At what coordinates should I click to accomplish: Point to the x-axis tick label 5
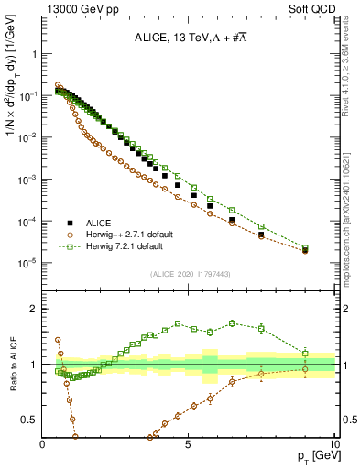tap(188, 442)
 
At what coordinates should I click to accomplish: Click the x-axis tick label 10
tap(333, 442)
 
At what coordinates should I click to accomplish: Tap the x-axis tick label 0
tap(43, 442)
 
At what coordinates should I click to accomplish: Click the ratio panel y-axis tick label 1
tap(34, 365)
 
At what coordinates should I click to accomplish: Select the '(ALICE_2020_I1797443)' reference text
tap(189, 274)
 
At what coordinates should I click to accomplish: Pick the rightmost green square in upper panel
tap(305, 247)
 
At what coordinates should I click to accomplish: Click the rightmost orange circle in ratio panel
tap(305, 370)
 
